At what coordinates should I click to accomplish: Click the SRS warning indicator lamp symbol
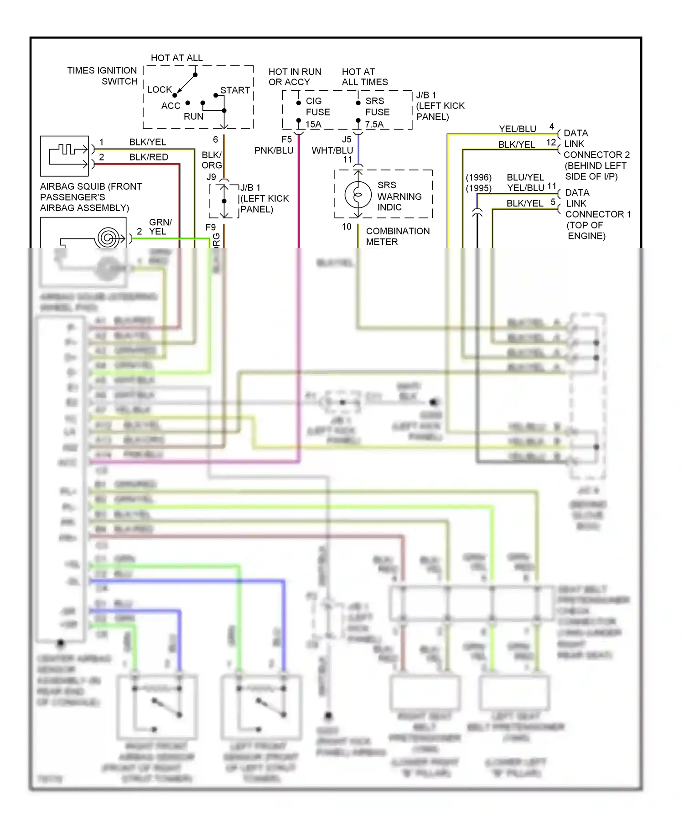point(358,195)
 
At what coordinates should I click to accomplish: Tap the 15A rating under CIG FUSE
point(313,124)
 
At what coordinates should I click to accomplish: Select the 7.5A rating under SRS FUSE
point(374,124)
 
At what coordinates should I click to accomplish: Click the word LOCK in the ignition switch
point(159,90)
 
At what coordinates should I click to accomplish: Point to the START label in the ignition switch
point(235,90)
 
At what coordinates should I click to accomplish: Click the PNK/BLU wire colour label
point(274,150)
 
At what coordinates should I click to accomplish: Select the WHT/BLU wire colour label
point(332,150)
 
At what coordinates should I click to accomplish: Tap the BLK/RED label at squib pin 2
point(149,157)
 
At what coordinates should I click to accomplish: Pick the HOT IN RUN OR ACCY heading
point(295,77)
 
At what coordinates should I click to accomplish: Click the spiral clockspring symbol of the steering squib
point(109,238)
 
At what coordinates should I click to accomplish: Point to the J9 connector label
point(211,177)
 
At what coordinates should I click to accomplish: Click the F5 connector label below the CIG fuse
point(286,140)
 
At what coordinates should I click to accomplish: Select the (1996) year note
point(478,177)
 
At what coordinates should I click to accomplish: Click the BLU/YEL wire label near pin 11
point(525,177)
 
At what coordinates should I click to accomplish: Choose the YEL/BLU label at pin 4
point(517,129)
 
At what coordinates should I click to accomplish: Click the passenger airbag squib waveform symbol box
point(64,156)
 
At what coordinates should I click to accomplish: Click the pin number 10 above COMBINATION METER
point(347,227)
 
